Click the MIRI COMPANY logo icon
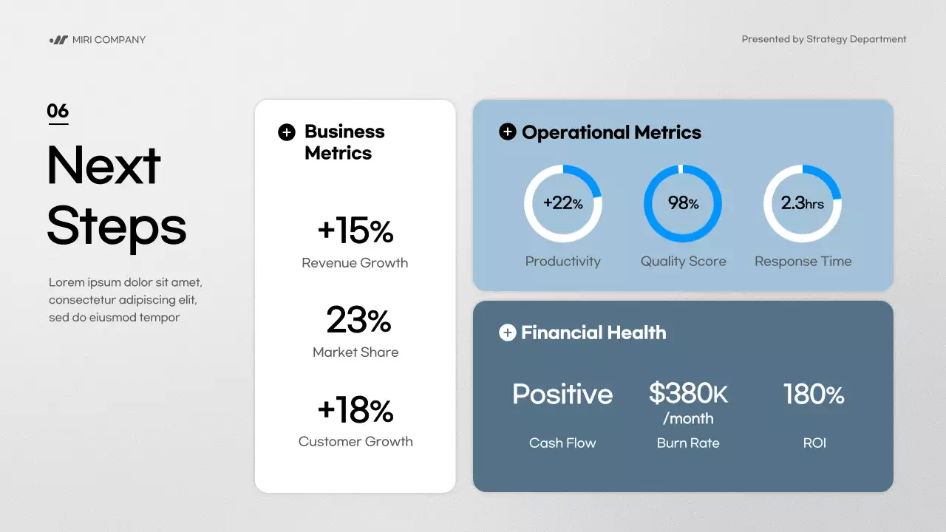(58, 40)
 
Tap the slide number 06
(58, 112)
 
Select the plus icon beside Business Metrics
(286, 132)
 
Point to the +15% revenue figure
(355, 231)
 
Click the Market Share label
(355, 352)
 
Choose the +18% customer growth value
(355, 410)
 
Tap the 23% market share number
(358, 321)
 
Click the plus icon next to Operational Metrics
(507, 132)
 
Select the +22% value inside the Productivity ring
(563, 203)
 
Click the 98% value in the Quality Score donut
(683, 203)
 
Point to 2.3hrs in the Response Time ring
(803, 203)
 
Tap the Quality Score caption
(683, 262)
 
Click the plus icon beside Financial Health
(507, 333)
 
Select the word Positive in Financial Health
(562, 394)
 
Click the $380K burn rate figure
(688, 394)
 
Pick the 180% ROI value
(814, 394)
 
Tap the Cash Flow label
(562, 443)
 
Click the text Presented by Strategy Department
(823, 40)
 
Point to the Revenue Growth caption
(355, 263)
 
